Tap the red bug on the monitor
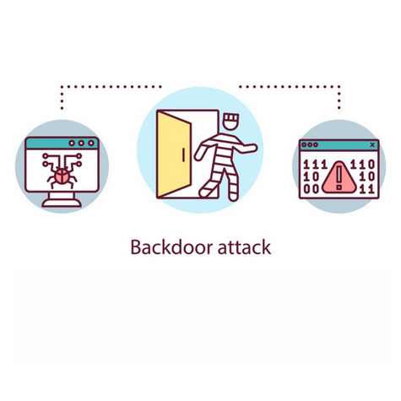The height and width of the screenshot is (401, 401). click(62, 176)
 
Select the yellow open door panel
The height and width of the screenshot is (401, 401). click(174, 154)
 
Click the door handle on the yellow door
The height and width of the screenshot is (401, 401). click(183, 155)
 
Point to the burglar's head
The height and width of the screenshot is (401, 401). click(230, 122)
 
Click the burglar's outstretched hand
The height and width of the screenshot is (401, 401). click(252, 148)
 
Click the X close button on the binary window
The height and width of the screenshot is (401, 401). click(372, 144)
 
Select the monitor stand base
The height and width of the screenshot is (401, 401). click(62, 203)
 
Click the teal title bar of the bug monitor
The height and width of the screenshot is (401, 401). click(62, 144)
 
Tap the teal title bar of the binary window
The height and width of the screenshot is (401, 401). click(339, 144)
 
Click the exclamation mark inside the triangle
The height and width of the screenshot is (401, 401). click(339, 177)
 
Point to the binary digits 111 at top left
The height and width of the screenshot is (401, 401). click(315, 165)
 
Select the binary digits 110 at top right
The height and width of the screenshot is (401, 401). click(363, 165)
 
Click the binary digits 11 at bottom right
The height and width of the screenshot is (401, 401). click(368, 189)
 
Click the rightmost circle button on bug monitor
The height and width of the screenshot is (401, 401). click(91, 144)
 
